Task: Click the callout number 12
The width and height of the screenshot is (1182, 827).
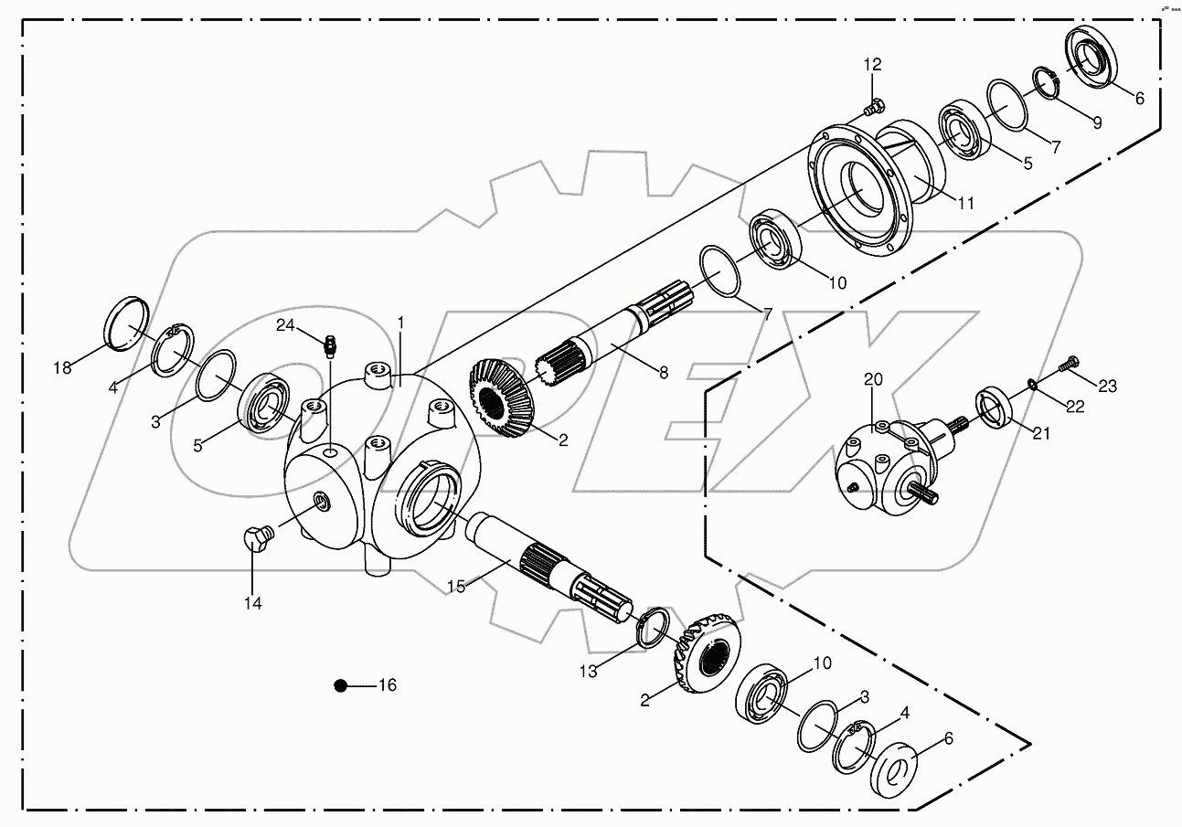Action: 872,64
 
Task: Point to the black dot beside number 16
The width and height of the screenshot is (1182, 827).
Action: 340,685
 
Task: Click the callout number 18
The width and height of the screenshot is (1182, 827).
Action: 62,367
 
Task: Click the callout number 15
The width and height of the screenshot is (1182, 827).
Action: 456,586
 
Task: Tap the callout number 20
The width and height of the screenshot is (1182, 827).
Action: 873,379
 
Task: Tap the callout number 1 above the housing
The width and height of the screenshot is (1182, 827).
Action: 399,323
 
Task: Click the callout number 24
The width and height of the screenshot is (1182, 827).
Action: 286,325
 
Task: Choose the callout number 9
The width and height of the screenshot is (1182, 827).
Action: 1095,122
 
